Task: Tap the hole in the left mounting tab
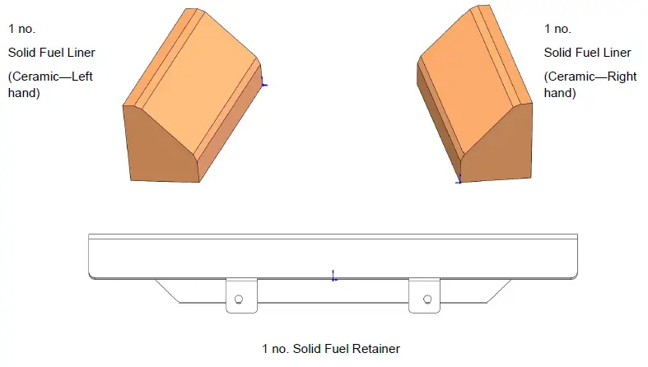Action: (239, 299)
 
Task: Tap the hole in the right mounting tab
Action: (427, 299)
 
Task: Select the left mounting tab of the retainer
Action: (240, 295)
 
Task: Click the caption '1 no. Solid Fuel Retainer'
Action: (330, 349)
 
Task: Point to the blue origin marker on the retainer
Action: (333, 276)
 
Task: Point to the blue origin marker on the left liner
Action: (263, 81)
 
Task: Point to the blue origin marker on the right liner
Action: (459, 179)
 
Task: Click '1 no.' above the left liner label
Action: (21, 29)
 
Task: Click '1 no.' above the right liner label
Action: (557, 29)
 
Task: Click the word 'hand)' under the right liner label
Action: (560, 94)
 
